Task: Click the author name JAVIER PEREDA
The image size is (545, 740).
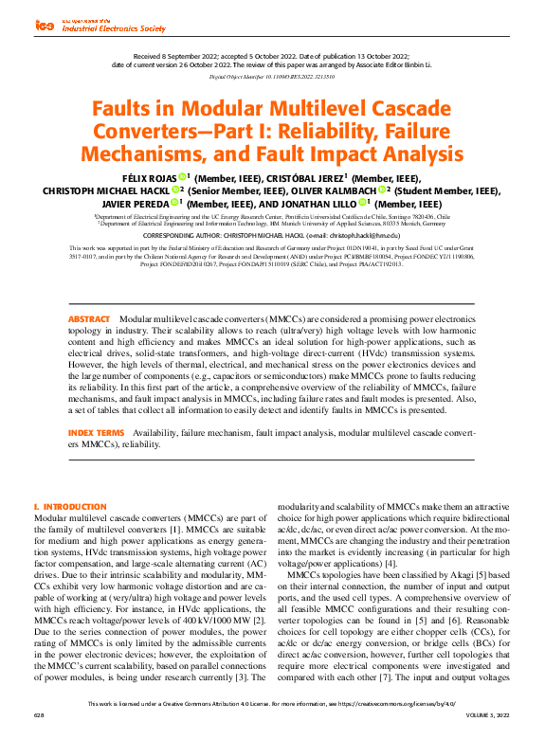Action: click(138, 204)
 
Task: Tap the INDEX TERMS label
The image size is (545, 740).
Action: click(96, 432)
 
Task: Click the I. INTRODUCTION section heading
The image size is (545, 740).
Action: click(70, 507)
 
